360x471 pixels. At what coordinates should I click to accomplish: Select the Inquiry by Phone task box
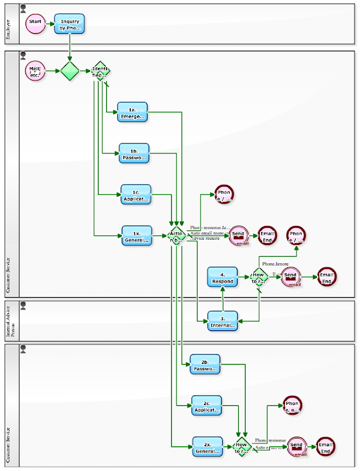(x=70, y=24)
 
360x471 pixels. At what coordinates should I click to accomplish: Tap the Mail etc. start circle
(x=35, y=72)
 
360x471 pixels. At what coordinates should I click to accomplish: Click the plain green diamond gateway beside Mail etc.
(x=70, y=72)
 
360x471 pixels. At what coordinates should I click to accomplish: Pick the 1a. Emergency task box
(x=132, y=112)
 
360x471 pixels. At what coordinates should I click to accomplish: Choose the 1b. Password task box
(x=134, y=153)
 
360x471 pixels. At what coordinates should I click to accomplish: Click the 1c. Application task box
(x=136, y=194)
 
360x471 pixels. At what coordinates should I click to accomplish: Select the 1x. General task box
(x=137, y=235)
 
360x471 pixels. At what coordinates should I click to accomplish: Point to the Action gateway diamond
(x=177, y=235)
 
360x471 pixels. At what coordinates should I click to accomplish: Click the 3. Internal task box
(x=223, y=321)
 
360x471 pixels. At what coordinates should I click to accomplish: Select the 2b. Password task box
(x=205, y=364)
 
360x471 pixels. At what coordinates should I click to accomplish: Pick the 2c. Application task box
(x=206, y=406)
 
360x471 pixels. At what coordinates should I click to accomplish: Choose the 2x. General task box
(x=208, y=447)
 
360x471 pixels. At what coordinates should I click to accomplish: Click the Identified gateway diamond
(x=100, y=72)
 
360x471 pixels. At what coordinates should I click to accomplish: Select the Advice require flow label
(x=204, y=238)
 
